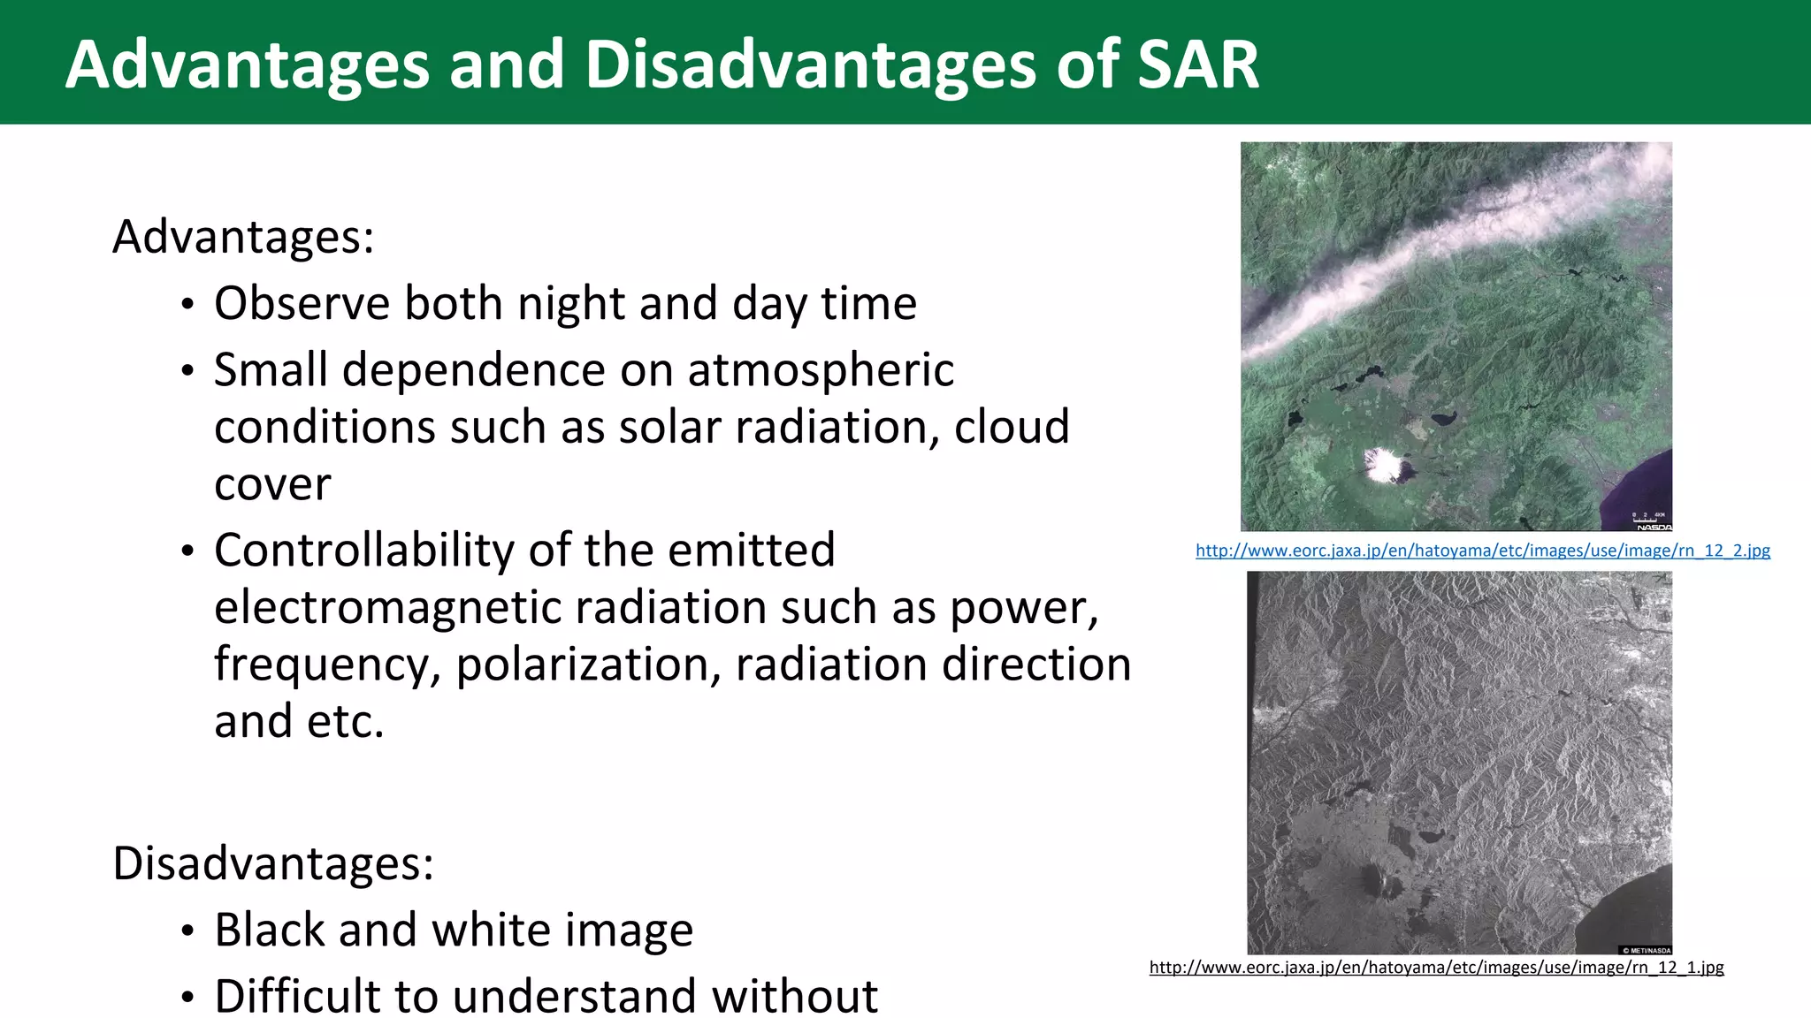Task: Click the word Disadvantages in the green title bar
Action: (x=808, y=65)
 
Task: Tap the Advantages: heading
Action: (x=243, y=237)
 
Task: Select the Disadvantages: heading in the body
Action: (x=273, y=863)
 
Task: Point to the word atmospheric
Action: (x=821, y=369)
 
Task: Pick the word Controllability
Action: (x=363, y=550)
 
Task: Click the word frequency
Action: (x=327, y=665)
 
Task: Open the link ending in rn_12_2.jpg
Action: (x=1482, y=551)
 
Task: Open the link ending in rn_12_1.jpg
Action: (x=1436, y=968)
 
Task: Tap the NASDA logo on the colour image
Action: (x=1653, y=527)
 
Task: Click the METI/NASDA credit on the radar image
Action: (x=1646, y=950)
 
